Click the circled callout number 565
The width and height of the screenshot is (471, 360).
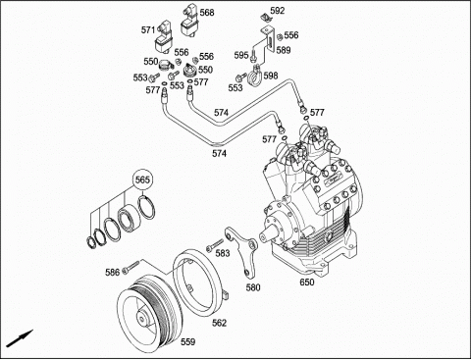pyautogui.click(x=142, y=180)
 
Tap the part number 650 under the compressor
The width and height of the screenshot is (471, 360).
pyautogui.click(x=307, y=282)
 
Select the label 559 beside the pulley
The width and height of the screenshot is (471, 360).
pyautogui.click(x=188, y=342)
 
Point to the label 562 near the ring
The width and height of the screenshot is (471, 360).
pyautogui.click(x=219, y=323)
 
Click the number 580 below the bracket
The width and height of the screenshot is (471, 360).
pyautogui.click(x=253, y=287)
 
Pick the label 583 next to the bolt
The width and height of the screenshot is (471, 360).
pyautogui.click(x=223, y=253)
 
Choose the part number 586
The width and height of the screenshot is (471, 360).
pyautogui.click(x=112, y=272)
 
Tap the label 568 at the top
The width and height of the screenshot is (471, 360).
pyautogui.click(x=207, y=13)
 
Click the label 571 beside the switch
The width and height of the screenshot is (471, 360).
pyautogui.click(x=148, y=30)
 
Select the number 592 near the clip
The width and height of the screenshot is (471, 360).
pyautogui.click(x=278, y=11)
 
